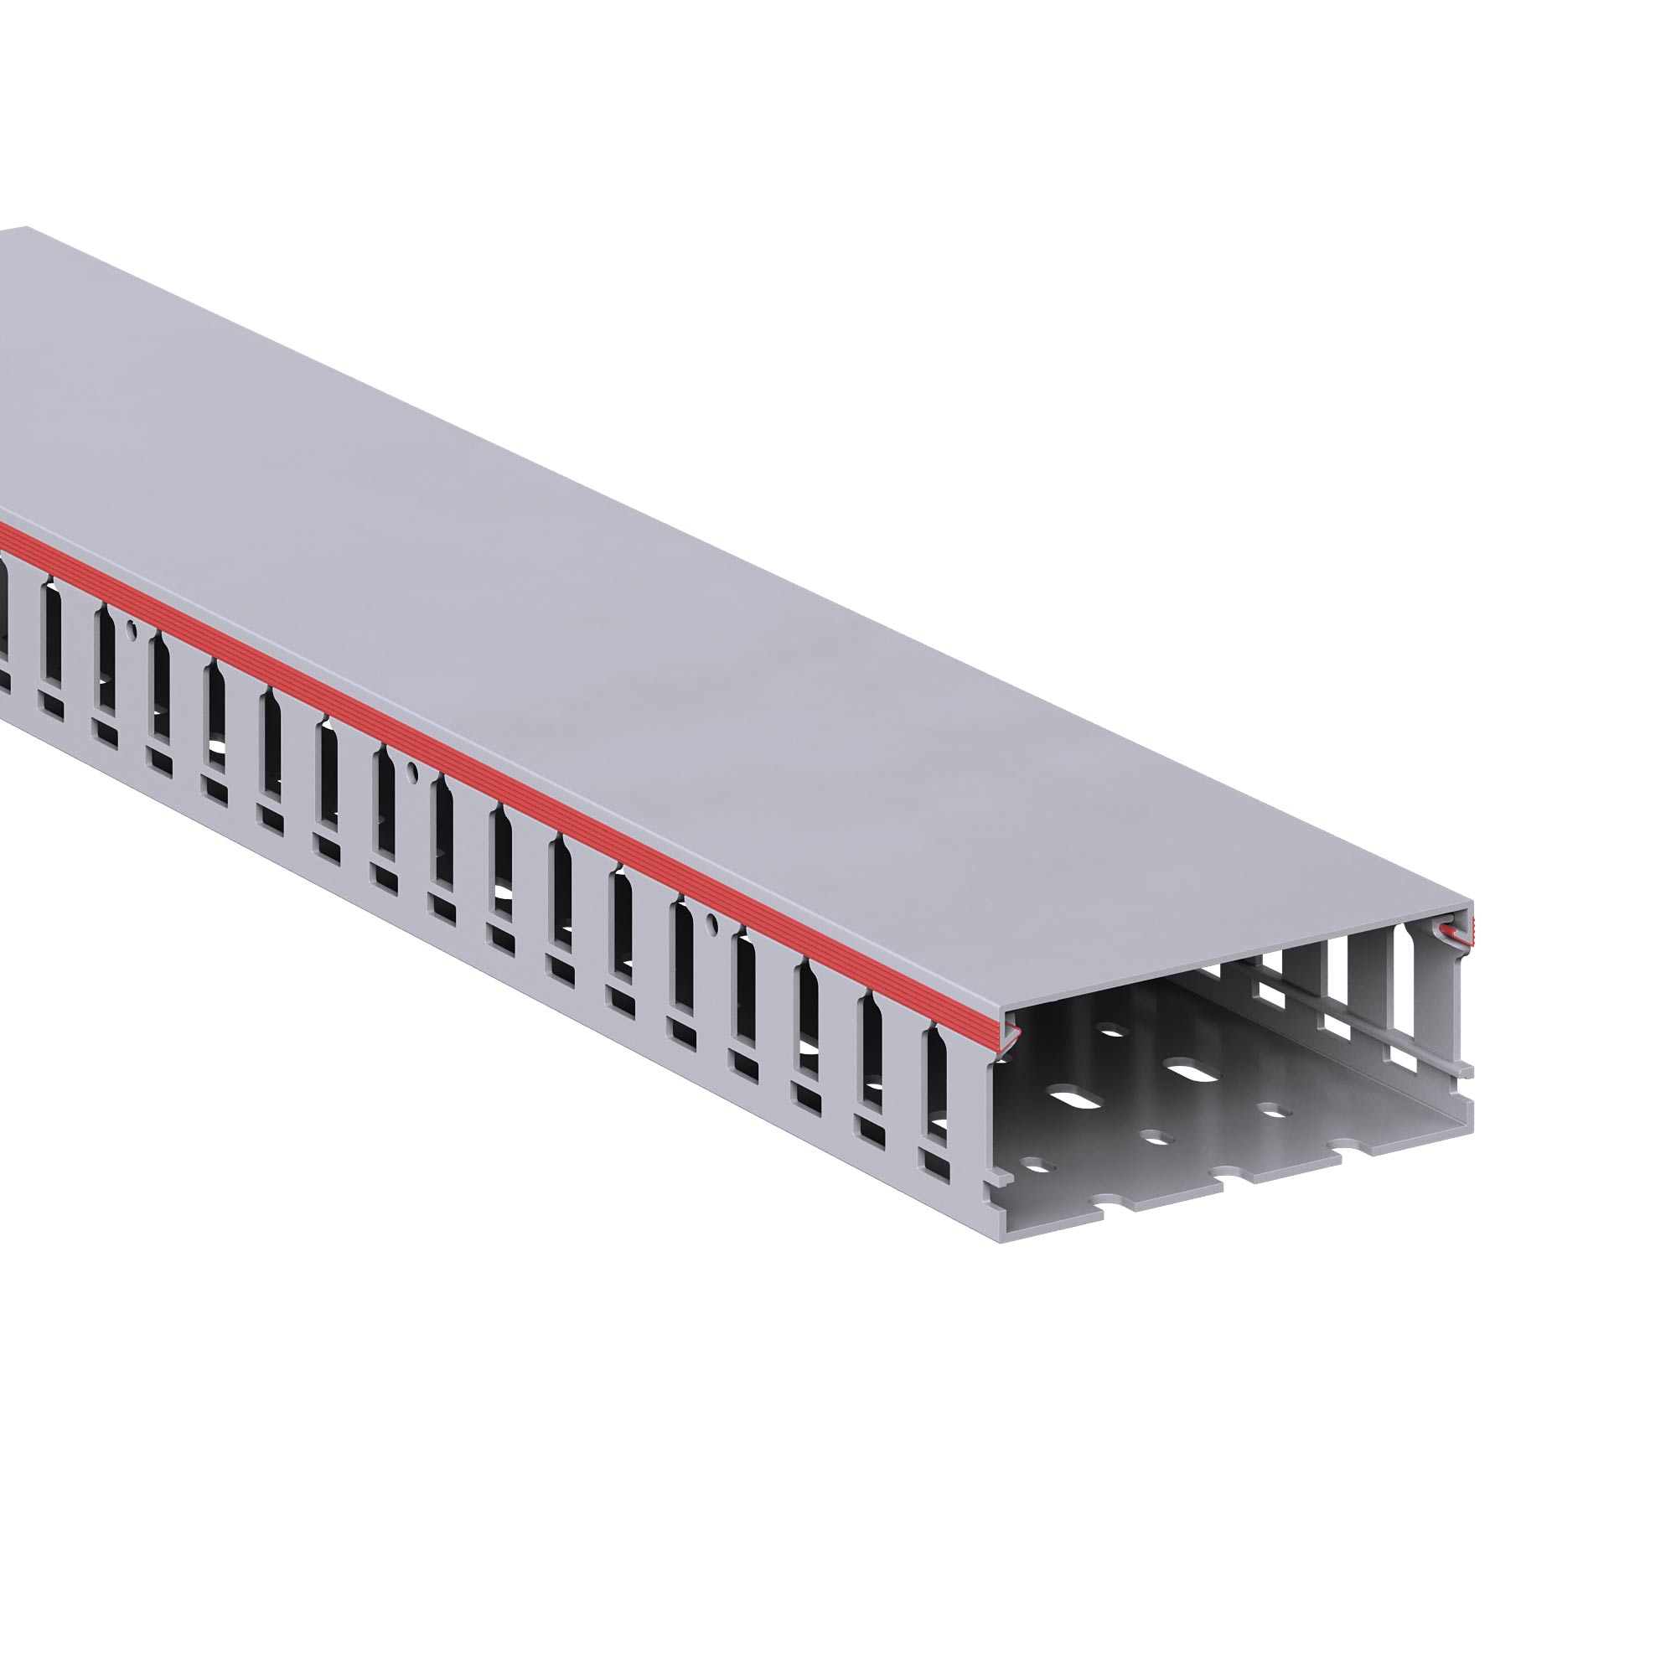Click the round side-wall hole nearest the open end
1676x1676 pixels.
[x=711, y=921]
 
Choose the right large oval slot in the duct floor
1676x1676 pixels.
[x=1198, y=1073]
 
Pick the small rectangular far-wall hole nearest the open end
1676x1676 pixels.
[x=1400, y=1055]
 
